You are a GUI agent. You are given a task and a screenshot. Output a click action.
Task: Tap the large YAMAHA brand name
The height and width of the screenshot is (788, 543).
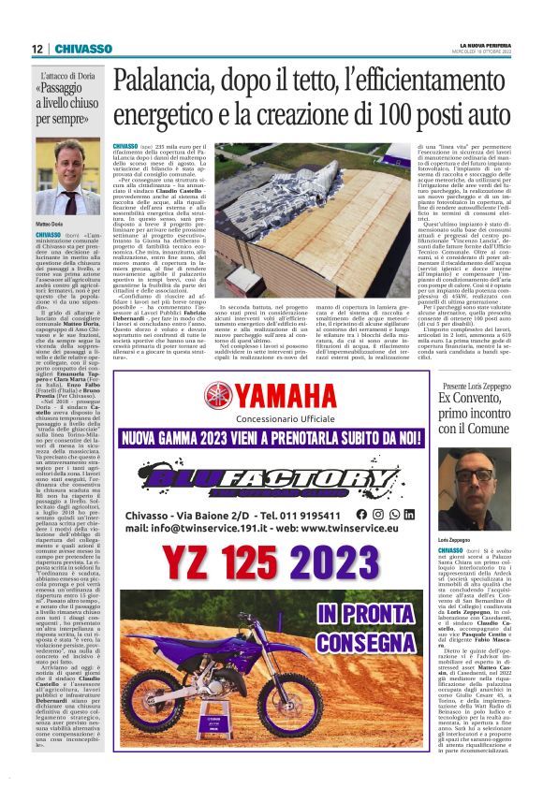299,393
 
